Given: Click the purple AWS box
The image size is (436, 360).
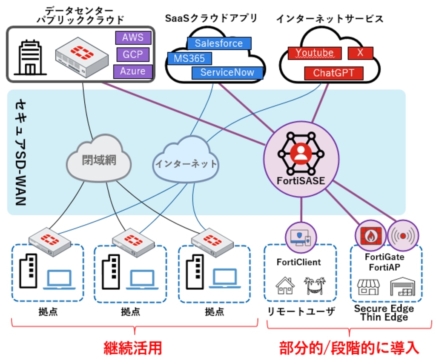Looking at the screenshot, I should click(x=133, y=37).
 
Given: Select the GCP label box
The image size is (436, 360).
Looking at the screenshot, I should click(x=133, y=54).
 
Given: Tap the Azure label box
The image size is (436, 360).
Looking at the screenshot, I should click(x=133, y=71).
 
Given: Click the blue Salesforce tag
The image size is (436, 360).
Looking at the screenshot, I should click(x=219, y=43).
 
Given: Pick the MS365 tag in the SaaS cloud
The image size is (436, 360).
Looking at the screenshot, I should click(x=189, y=58).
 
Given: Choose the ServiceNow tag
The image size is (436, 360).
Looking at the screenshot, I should click(x=227, y=72).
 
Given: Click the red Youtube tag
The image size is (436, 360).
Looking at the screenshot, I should click(x=315, y=53).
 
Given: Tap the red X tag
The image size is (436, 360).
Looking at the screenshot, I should click(x=360, y=53).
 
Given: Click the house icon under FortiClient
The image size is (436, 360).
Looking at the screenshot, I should click(x=285, y=285).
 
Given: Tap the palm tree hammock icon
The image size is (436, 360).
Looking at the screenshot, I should click(x=315, y=286).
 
